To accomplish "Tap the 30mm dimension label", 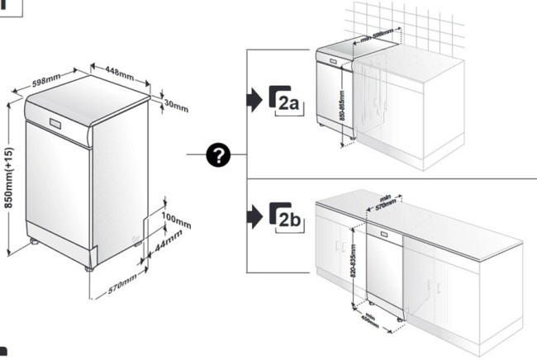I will point(176,105).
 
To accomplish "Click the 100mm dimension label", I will point(176,221).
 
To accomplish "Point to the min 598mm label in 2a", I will point(376,36).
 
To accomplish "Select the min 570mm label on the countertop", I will point(384,201).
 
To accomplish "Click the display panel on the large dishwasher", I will point(57,125).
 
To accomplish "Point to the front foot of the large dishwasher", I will point(88,267).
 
